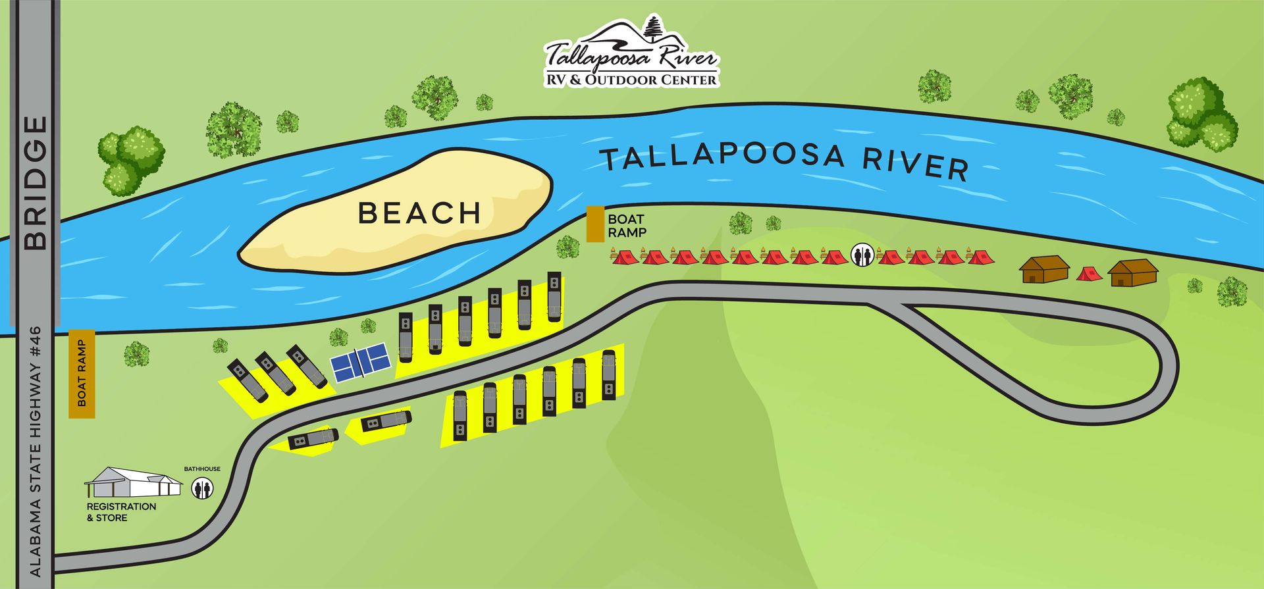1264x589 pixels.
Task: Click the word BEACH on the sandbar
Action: [419, 213]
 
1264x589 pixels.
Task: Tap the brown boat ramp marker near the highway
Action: [82, 374]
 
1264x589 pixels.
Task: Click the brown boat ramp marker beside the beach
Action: [596, 224]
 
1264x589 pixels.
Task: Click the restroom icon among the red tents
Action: [862, 254]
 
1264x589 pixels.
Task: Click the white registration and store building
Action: [134, 483]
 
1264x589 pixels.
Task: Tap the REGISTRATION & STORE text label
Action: [121, 512]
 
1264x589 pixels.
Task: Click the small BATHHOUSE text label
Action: [202, 469]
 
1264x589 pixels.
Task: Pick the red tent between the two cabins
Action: [1089, 272]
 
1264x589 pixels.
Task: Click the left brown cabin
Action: [1044, 269]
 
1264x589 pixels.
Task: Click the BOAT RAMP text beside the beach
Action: [626, 225]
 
